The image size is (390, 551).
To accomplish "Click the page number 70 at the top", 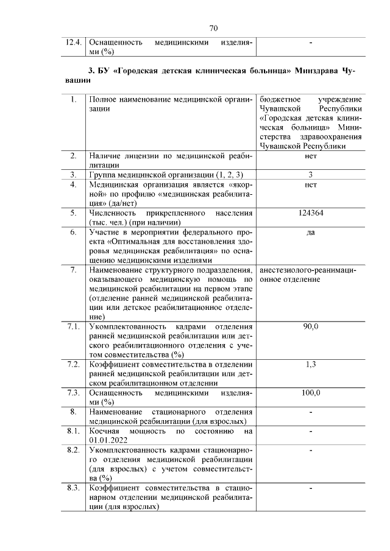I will click(213, 28).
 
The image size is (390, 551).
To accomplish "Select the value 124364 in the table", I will click(311, 213).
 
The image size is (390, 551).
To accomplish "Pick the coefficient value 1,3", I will click(311, 364).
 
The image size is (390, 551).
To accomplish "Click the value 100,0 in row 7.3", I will click(311, 392).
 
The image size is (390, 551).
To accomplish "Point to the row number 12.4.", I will click(73, 43).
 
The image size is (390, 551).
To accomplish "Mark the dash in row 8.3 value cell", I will click(311, 488).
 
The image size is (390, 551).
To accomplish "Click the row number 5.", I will click(73, 213).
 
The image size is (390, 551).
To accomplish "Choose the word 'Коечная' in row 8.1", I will click(106, 430).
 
